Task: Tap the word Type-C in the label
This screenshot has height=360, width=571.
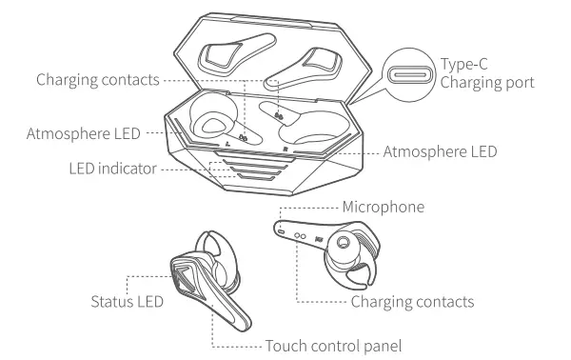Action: point(464,64)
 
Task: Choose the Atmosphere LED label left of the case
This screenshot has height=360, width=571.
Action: point(74,132)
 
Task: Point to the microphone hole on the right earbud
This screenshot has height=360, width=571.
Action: point(283,229)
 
